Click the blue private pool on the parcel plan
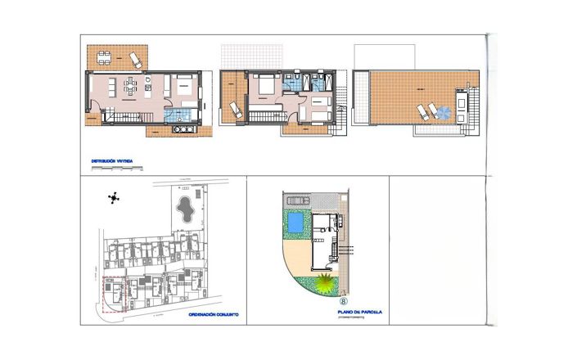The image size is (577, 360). click(x=293, y=223)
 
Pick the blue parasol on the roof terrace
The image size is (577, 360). click(x=444, y=111)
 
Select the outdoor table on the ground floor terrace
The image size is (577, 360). click(x=104, y=56)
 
